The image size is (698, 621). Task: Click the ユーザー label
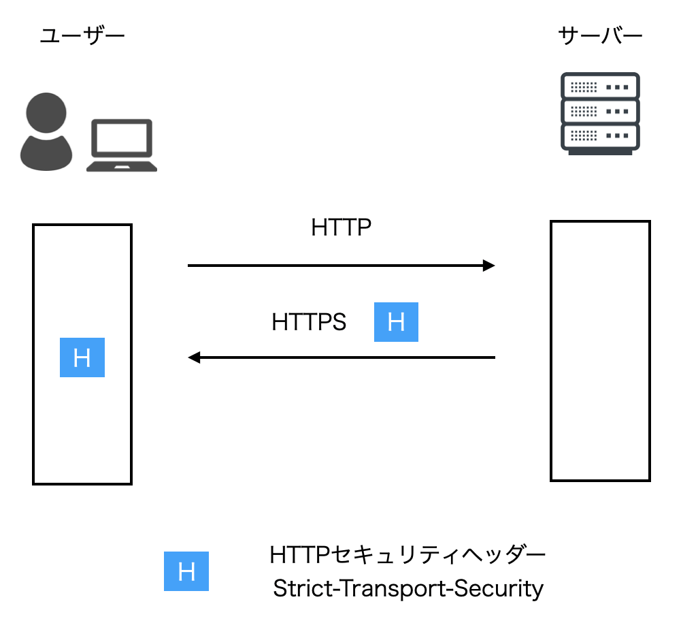pyautogui.click(x=82, y=36)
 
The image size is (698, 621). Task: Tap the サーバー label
pyautogui.click(x=600, y=36)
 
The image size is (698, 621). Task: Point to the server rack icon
pyautogui.click(x=600, y=113)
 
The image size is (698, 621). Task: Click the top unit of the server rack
pyautogui.click(x=600, y=86)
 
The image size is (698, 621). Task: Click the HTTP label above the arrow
pyautogui.click(x=342, y=227)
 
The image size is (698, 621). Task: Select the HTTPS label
pyautogui.click(x=309, y=321)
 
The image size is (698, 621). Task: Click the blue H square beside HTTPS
pyautogui.click(x=396, y=321)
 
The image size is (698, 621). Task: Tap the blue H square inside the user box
pyautogui.click(x=82, y=357)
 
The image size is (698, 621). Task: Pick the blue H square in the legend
pyautogui.click(x=186, y=571)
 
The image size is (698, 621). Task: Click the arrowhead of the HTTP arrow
pyautogui.click(x=488, y=266)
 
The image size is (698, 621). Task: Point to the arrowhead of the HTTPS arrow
pyautogui.click(x=195, y=357)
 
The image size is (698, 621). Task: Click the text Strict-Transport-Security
pyautogui.click(x=408, y=588)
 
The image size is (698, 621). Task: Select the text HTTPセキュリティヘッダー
pyautogui.click(x=408, y=556)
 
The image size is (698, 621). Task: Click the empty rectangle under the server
pyautogui.click(x=600, y=351)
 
